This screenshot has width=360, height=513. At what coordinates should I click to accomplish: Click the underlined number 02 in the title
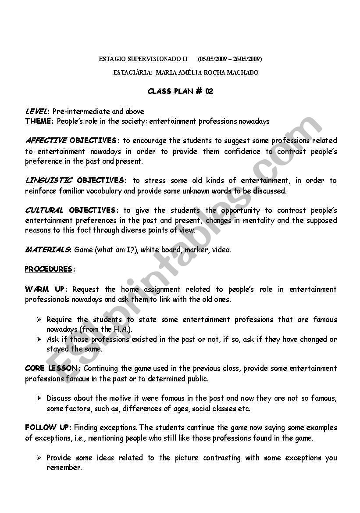(209, 91)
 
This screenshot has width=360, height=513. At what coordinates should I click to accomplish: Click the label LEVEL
(36, 111)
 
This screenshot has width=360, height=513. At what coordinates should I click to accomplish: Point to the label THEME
(39, 121)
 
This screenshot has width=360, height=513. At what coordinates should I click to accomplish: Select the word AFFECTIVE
(46, 140)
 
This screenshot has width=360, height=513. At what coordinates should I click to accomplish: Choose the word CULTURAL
(44, 210)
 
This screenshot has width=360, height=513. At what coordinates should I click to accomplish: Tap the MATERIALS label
(47, 250)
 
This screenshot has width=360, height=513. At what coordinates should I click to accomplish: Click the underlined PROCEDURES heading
(48, 269)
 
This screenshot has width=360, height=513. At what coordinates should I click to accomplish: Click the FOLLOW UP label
(46, 427)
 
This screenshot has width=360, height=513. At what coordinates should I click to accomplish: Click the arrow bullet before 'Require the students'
(39, 319)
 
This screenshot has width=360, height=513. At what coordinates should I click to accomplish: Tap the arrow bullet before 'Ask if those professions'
(39, 339)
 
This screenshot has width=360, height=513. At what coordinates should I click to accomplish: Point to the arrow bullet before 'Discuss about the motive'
(39, 398)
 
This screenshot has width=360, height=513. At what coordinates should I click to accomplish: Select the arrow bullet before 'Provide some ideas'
(39, 458)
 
